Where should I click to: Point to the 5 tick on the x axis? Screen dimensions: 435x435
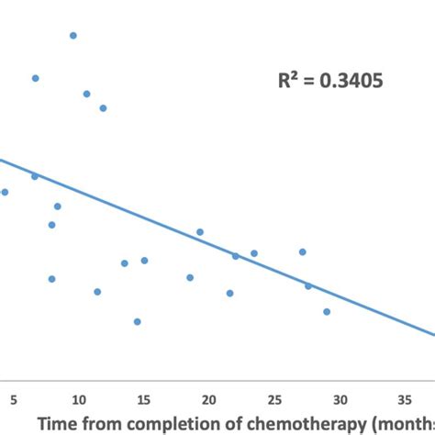point(14,399)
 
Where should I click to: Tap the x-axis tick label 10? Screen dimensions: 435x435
point(79,399)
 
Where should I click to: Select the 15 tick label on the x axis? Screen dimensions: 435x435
point(144,399)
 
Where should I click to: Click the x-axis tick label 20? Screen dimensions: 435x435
point(209,399)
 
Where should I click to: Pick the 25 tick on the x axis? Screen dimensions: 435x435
point(274,399)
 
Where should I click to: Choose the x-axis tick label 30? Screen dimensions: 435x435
point(340,399)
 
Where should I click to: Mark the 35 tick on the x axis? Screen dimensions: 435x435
point(405,399)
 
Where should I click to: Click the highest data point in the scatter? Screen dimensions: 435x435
point(73,36)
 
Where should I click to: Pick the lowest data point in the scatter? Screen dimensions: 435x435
point(138,321)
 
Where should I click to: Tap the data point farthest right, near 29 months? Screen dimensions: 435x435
point(327,311)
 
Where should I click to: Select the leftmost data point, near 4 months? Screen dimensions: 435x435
point(5,192)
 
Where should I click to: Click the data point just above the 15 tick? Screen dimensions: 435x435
point(144,261)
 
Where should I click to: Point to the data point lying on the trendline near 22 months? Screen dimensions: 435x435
point(235,256)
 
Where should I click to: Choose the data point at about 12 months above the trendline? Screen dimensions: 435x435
point(103,108)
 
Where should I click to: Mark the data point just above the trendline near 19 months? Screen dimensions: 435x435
point(200,232)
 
